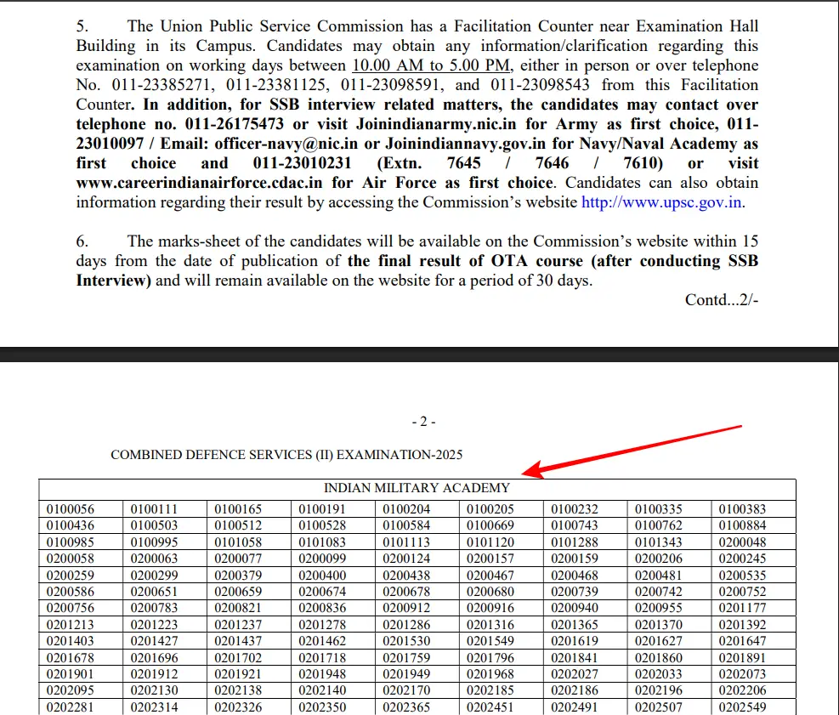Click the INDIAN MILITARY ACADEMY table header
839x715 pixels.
coord(417,488)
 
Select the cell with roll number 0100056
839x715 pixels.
coord(71,509)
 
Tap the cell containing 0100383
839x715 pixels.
coord(742,509)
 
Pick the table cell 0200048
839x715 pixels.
coord(742,542)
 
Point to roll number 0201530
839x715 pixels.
coord(406,641)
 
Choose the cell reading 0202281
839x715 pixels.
coord(71,706)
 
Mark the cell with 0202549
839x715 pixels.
coord(742,706)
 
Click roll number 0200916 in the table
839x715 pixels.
coord(490,608)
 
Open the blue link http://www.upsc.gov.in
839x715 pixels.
coord(662,202)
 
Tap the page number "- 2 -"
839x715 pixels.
coord(422,422)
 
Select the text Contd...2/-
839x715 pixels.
coord(722,299)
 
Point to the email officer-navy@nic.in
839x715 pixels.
coord(286,144)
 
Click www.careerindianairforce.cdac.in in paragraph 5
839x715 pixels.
coord(201,183)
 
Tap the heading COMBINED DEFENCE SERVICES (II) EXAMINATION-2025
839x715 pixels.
coord(286,455)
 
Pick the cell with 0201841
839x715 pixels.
coord(575,657)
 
